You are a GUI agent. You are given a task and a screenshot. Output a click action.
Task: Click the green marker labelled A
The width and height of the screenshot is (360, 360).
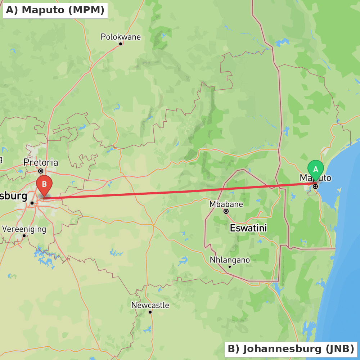click(316, 169)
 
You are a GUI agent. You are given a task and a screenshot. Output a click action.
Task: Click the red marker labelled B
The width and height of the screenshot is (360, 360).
click(44, 184)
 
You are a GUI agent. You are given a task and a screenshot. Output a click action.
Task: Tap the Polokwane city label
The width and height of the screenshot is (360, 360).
click(121, 37)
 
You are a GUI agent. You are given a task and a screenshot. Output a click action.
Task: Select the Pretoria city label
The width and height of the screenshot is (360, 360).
click(41, 162)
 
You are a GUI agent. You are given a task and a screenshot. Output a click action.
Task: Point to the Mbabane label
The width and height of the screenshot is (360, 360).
click(226, 204)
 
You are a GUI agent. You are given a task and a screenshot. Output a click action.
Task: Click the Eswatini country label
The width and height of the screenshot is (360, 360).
click(248, 228)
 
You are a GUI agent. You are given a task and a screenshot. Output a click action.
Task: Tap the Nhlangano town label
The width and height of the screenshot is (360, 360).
click(230, 260)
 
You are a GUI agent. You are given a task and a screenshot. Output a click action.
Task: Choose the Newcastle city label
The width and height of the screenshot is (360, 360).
click(150, 305)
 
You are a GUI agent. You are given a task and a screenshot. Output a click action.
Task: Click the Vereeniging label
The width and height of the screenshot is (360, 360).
click(24, 229)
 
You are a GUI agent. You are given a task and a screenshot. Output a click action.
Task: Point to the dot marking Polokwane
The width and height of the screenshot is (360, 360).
click(121, 44)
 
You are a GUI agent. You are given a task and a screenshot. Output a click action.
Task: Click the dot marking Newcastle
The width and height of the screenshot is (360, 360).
click(150, 312)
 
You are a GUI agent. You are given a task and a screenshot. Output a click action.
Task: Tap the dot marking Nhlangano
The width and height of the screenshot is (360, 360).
click(230, 267)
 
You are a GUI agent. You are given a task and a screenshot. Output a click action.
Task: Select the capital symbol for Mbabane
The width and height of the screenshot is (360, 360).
click(226, 211)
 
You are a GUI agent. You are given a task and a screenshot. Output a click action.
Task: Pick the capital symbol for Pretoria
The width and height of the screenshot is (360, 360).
click(41, 171)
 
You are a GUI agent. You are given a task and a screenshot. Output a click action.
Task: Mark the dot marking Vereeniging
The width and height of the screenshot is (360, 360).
click(24, 236)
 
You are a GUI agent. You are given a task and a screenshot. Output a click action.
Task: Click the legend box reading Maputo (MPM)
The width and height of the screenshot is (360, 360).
click(55, 10)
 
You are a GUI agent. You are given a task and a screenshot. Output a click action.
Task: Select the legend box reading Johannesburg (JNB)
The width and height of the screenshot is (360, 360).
click(291, 349)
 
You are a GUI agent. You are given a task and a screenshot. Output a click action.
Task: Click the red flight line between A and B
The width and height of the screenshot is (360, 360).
click(180, 192)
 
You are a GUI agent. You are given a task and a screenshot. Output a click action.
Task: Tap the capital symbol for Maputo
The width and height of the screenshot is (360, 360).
click(315, 186)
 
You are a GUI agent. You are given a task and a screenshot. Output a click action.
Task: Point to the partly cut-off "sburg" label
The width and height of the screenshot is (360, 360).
click(14, 196)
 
